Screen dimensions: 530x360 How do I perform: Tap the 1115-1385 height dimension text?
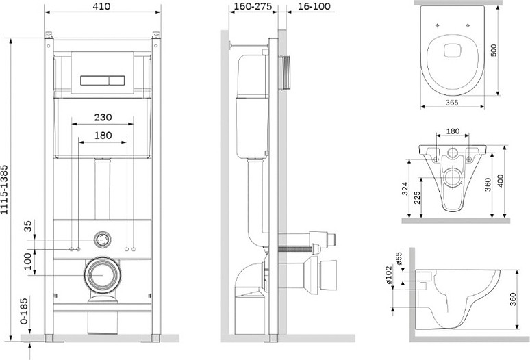(x=4, y=190)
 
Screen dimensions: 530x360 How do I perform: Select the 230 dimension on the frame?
(x=103, y=117)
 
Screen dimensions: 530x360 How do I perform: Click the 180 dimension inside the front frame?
(x=103, y=136)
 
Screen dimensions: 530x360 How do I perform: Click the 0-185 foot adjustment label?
(x=24, y=311)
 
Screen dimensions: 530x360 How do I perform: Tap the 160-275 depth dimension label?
(x=253, y=6)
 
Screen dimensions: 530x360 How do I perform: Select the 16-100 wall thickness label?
(x=315, y=6)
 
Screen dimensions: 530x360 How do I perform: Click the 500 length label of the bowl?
(x=494, y=51)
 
